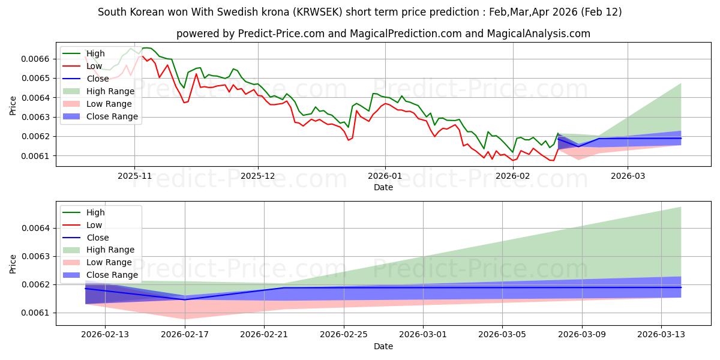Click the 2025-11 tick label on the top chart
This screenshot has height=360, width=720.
click(134, 176)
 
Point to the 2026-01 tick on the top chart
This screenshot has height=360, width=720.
click(385, 176)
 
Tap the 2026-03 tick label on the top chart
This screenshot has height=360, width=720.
click(628, 176)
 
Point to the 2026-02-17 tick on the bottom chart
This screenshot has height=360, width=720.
click(185, 335)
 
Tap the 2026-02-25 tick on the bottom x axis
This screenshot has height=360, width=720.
click(344, 335)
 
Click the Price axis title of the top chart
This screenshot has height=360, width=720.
click(13, 106)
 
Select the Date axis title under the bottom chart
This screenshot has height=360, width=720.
click(383, 346)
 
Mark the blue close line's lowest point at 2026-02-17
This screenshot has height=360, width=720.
click(185, 299)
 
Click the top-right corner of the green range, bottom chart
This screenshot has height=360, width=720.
click(681, 207)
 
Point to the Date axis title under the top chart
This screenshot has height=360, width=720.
click(383, 187)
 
